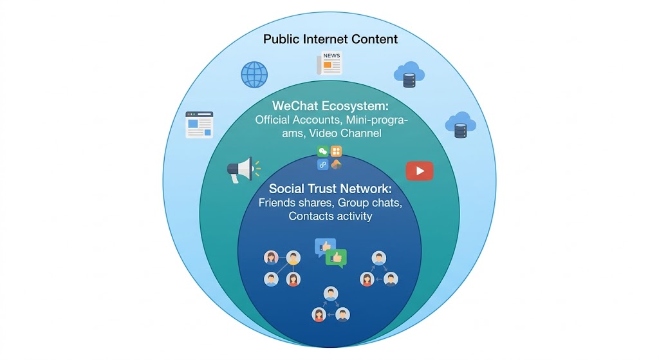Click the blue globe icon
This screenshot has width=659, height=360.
point(254,75)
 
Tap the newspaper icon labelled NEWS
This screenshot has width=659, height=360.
point(329,64)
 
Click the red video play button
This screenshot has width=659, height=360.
point(419,171)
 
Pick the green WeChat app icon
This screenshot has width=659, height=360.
point(323,151)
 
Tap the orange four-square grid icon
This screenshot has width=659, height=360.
point(336,151)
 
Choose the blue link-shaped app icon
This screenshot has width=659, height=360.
point(323,164)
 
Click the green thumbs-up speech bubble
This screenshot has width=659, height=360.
point(336,258)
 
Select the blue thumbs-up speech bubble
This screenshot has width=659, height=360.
point(324,247)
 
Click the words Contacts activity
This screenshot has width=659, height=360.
point(330,216)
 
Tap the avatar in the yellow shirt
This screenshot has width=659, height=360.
point(293,258)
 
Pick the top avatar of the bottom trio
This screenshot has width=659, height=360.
point(331,294)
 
